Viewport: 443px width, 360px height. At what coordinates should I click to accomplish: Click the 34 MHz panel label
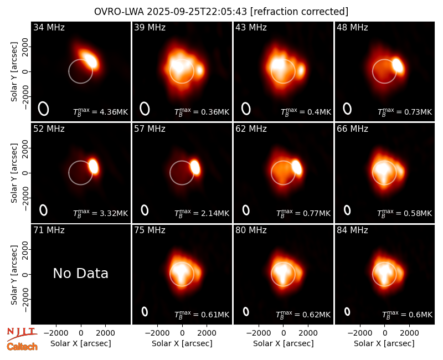point(49,27)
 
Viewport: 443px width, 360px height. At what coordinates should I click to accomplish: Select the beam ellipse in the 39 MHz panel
point(145,109)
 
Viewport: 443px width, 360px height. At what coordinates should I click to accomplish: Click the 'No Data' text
point(80,273)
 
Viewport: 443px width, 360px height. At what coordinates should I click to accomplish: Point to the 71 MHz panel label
point(49,230)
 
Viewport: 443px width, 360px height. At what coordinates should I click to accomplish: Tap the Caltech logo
point(22,347)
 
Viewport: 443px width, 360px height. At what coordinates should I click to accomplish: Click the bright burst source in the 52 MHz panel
point(94,166)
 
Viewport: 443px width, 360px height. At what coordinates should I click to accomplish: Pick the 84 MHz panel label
point(352,230)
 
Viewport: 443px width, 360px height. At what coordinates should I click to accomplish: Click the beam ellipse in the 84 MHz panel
point(347,311)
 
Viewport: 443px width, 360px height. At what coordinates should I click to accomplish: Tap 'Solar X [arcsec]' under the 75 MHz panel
point(182,343)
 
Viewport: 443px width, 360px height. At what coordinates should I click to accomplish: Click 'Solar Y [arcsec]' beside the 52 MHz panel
point(14,173)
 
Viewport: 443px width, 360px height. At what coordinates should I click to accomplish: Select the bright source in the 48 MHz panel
point(398,65)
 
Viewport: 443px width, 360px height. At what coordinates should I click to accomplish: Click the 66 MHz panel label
point(352,129)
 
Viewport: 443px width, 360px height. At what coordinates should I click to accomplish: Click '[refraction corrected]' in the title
point(299,12)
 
